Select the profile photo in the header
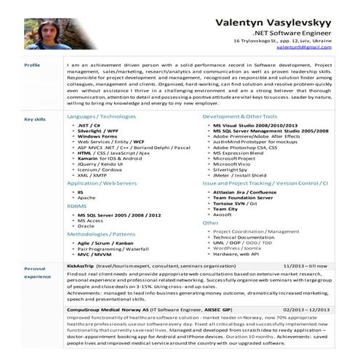click(44, 28)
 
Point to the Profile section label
click(32, 65)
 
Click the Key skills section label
click(34, 119)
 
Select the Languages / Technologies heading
click(101, 116)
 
